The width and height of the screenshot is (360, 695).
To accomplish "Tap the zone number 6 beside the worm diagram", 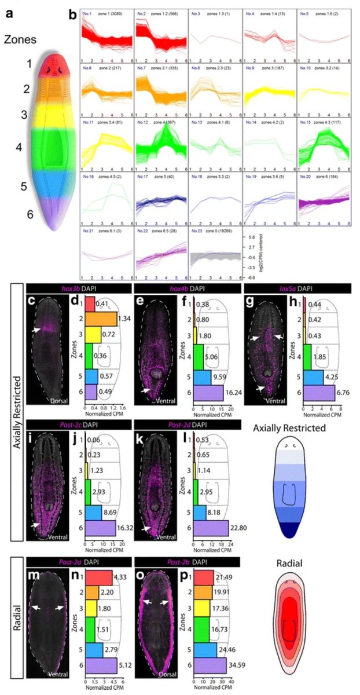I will pos(24,213).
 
